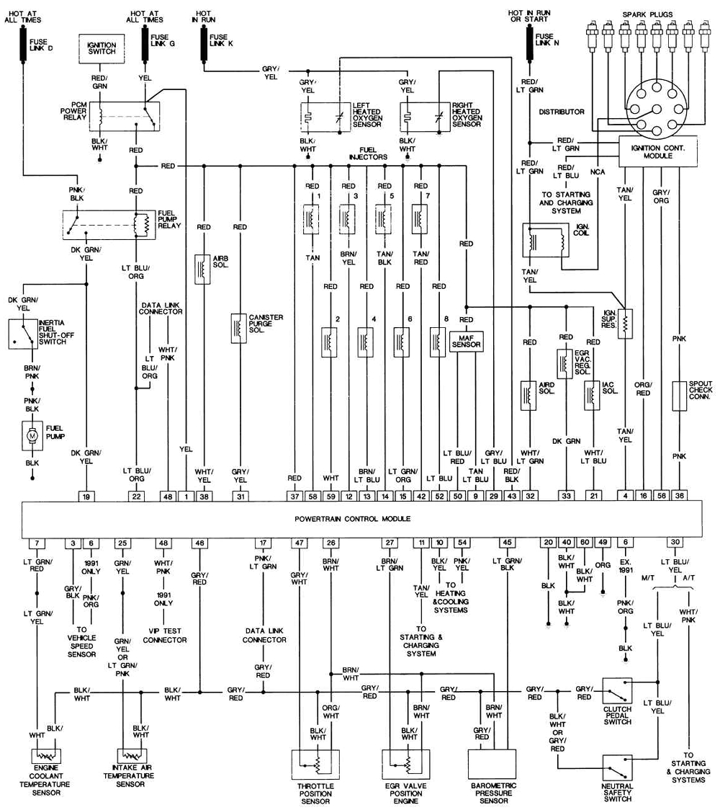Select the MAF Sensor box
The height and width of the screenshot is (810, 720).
tap(466, 341)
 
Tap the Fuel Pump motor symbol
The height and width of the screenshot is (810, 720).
tap(32, 435)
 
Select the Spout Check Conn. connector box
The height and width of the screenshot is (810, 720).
tap(679, 396)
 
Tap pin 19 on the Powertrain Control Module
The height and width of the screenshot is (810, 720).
tap(86, 495)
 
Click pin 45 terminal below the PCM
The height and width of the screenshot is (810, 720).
tap(508, 543)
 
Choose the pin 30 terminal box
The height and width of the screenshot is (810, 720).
tap(675, 543)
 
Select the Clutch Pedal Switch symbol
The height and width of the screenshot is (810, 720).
tap(617, 690)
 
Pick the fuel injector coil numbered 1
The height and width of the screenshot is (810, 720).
tap(312, 218)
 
